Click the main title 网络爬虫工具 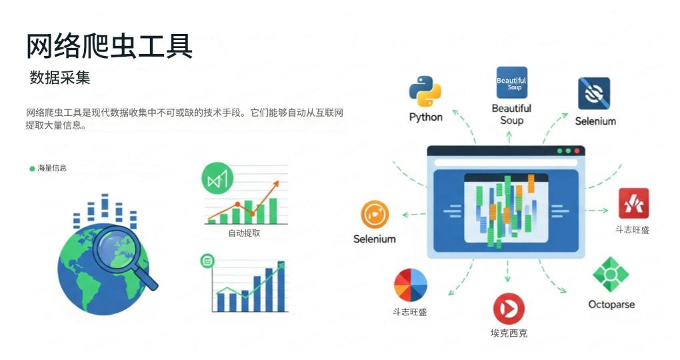click(x=109, y=46)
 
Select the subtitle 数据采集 click(x=60, y=78)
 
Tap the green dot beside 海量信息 click(x=32, y=169)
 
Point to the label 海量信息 click(x=52, y=169)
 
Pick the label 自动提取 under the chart click(x=244, y=233)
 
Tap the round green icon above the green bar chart click(x=218, y=179)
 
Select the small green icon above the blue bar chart click(x=207, y=260)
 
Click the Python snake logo click(x=426, y=92)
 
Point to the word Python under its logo click(x=426, y=117)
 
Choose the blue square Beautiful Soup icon click(x=511, y=83)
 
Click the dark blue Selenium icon click(x=593, y=94)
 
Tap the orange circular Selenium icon click(x=375, y=215)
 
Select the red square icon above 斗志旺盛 click(x=633, y=203)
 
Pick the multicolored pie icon click(x=410, y=285)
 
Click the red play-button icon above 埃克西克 click(x=509, y=309)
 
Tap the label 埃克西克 click(x=509, y=333)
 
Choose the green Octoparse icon click(x=611, y=275)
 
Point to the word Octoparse click(x=611, y=305)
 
